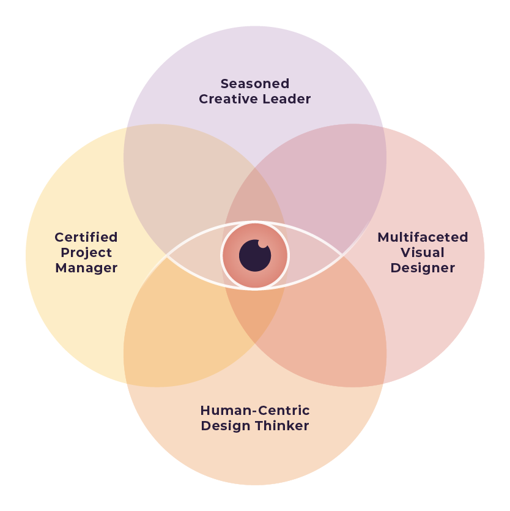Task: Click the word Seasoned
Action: pyautogui.click(x=255, y=83)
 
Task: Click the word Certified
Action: pyautogui.click(x=86, y=237)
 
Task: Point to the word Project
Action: pyautogui.click(x=86, y=253)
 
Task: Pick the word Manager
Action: pyautogui.click(x=86, y=268)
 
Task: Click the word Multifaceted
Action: pyautogui.click(x=423, y=237)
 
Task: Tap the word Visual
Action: pyautogui.click(x=423, y=253)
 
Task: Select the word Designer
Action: pyautogui.click(x=423, y=268)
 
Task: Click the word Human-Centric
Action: pyautogui.click(x=255, y=411)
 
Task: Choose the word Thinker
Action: pyautogui.click(x=284, y=426)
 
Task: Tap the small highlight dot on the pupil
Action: pyautogui.click(x=263, y=244)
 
